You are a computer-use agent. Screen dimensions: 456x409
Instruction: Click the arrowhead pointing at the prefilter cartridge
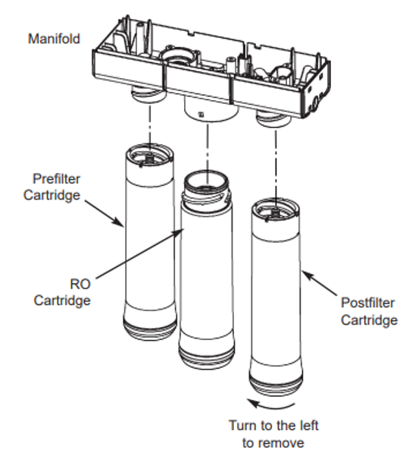point(121,224)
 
